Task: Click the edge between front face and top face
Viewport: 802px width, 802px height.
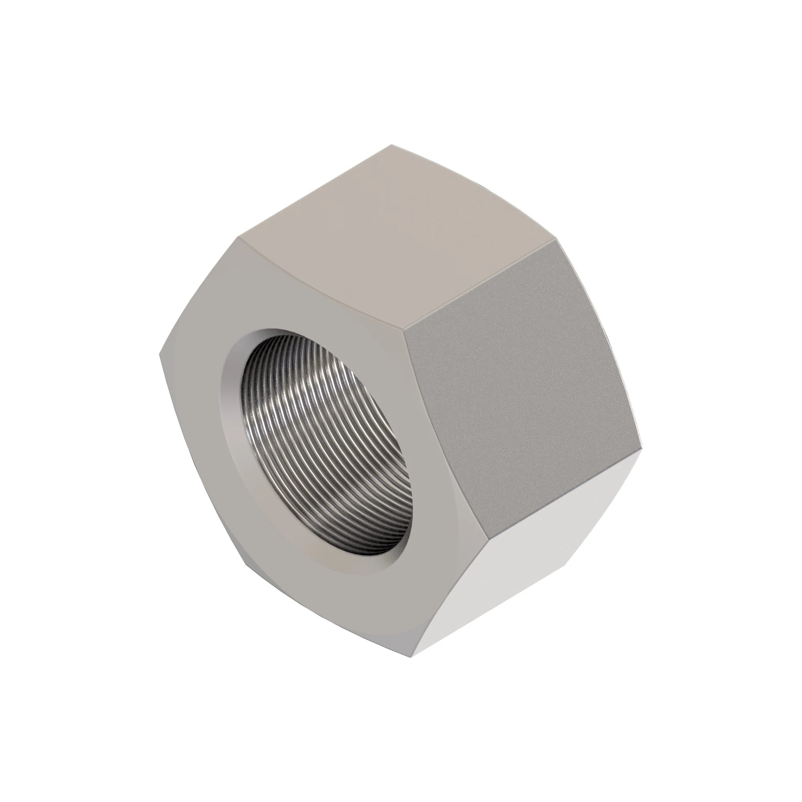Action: (x=320, y=282)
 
